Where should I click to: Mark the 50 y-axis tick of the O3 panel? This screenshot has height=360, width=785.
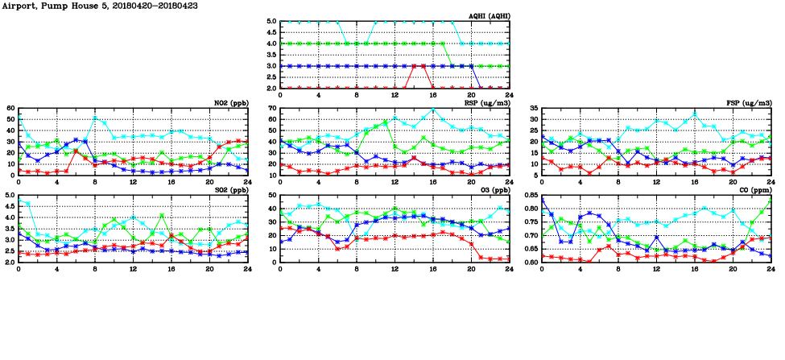(272, 196)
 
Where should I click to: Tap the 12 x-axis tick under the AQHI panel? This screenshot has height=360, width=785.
(395, 95)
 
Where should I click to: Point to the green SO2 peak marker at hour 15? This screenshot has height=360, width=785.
(162, 215)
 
